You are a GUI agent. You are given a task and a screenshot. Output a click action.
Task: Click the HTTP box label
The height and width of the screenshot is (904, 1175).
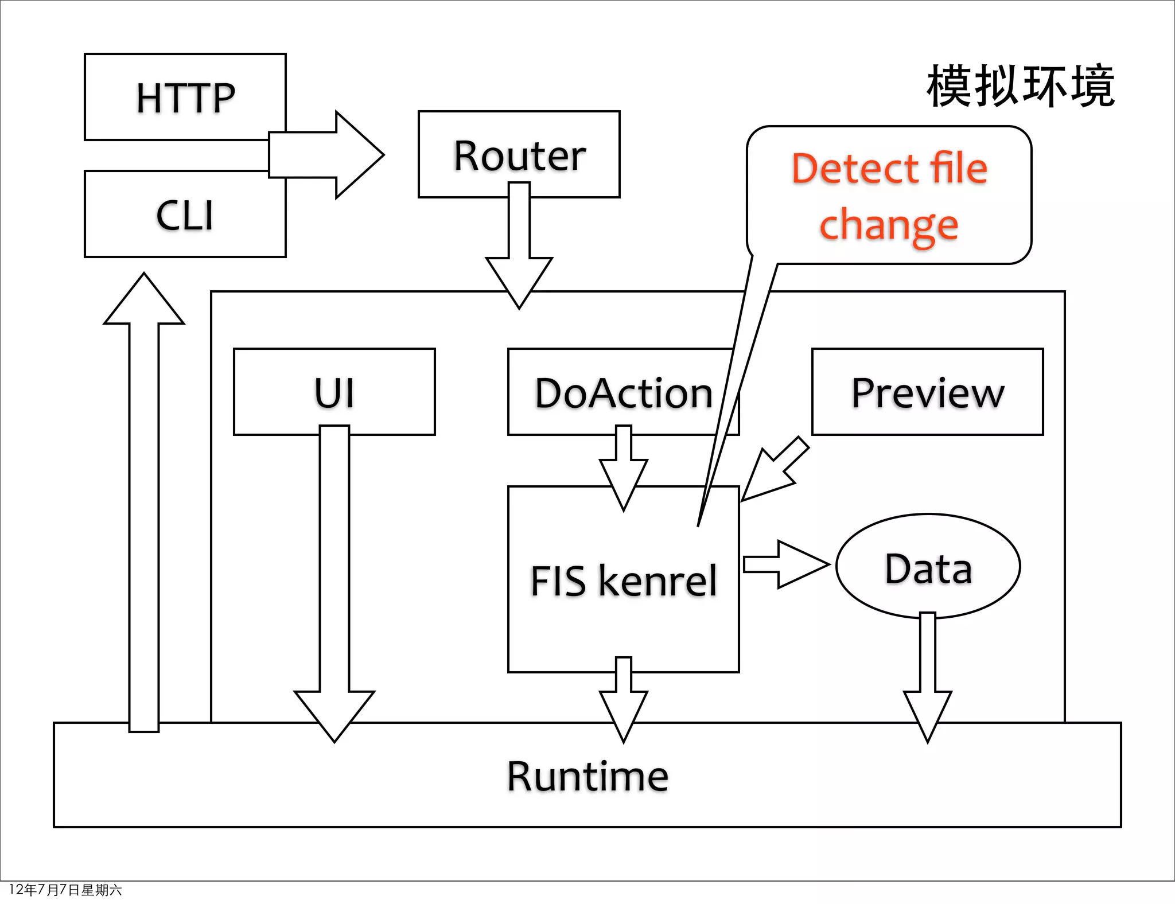pos(185,98)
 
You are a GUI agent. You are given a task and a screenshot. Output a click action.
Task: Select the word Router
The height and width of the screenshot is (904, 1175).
pos(519,155)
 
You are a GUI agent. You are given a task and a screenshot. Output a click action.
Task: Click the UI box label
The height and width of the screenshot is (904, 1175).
pos(334,393)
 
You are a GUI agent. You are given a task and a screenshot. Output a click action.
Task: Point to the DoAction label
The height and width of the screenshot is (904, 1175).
pos(623,393)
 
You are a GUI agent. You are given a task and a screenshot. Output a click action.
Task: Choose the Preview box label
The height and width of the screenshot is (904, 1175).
pos(927,393)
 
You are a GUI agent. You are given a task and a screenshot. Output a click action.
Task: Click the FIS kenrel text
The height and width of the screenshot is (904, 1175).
pos(623,580)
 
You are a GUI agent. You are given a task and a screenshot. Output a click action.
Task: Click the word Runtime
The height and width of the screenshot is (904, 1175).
pos(587,776)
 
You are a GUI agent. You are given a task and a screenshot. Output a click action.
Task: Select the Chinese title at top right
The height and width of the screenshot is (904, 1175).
pos(1020,87)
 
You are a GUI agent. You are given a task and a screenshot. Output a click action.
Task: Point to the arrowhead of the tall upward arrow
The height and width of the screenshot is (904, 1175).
pos(144,301)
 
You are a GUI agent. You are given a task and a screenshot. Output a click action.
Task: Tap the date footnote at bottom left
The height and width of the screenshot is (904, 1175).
pos(65,890)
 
